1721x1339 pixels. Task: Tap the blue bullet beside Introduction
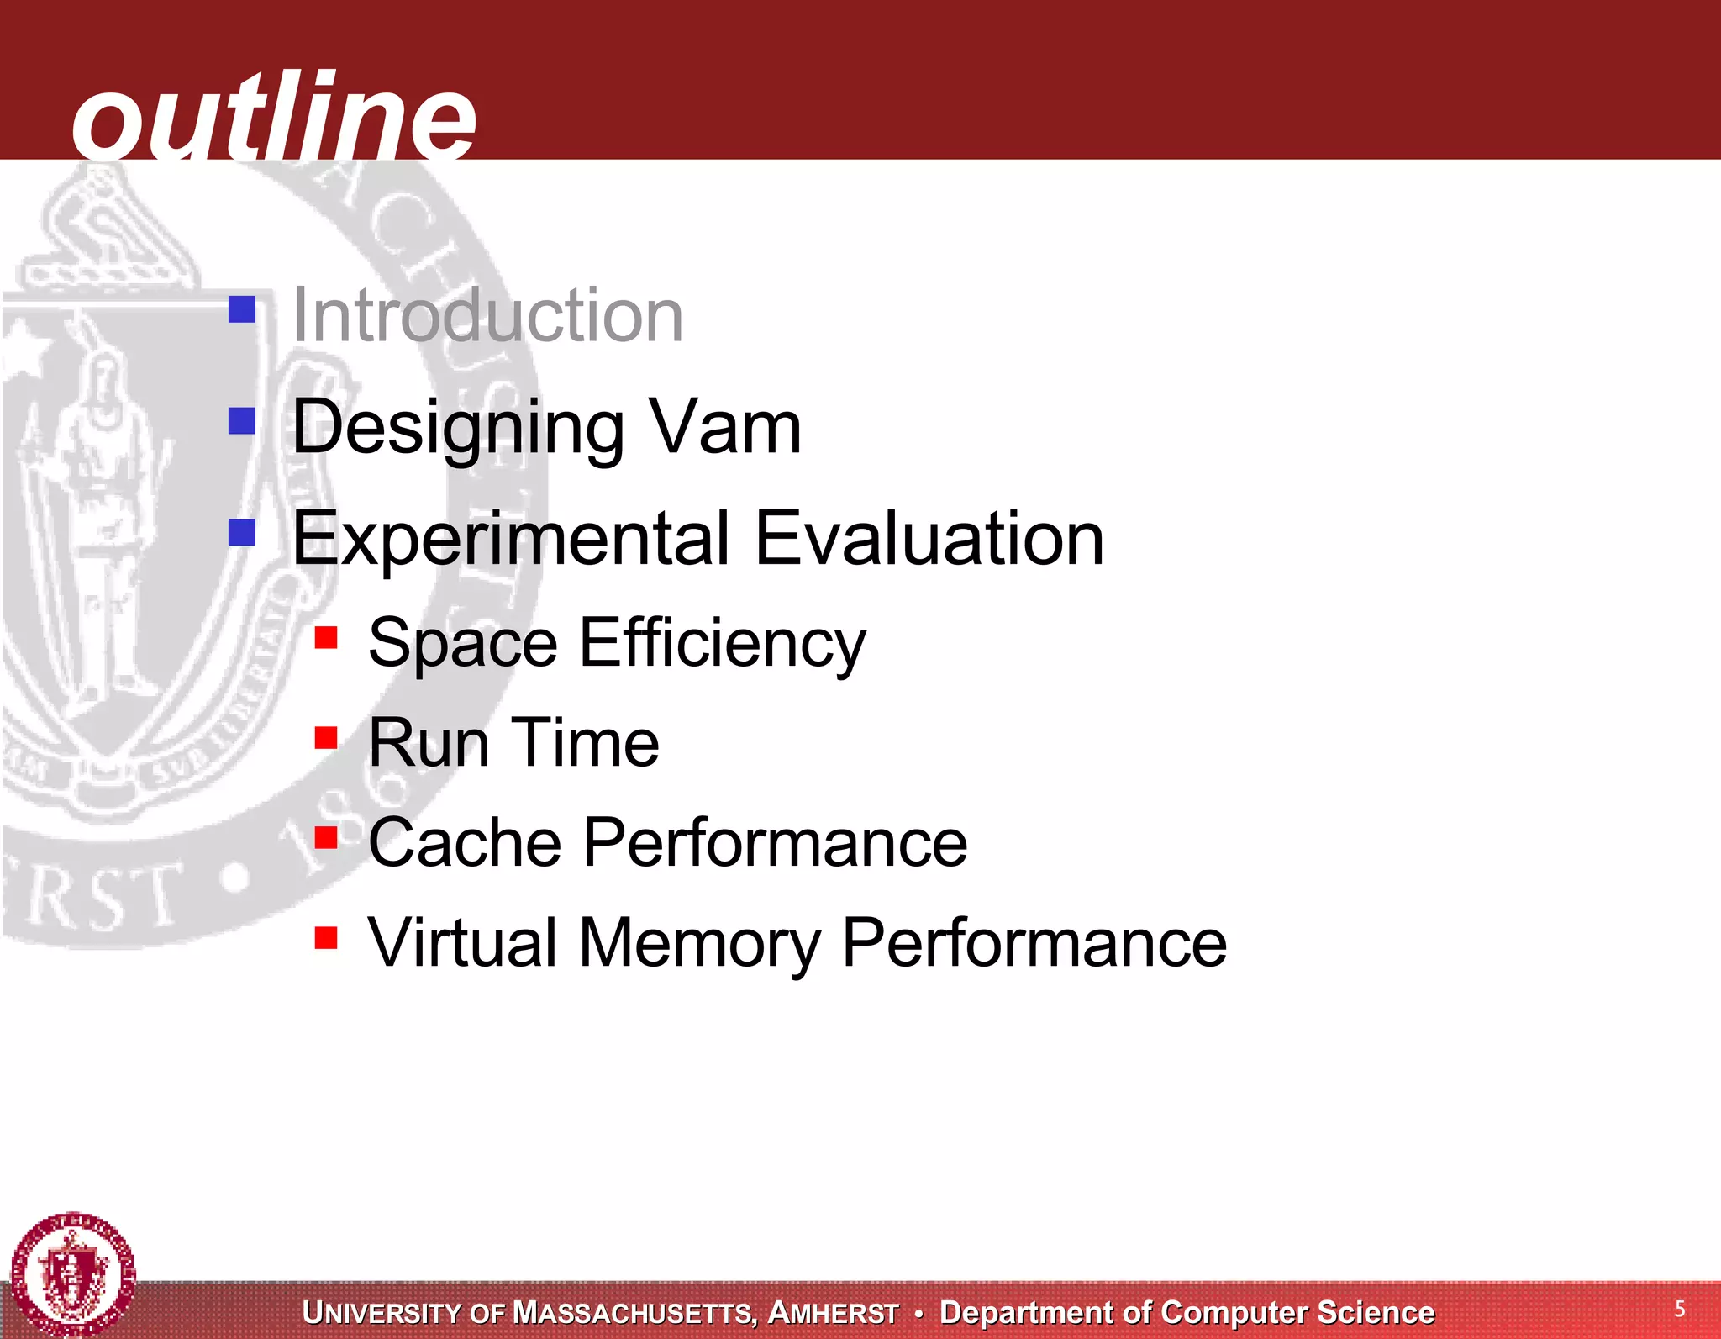point(242,308)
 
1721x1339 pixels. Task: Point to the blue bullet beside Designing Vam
point(242,420)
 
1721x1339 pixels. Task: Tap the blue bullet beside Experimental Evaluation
point(242,531)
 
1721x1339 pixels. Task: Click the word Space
point(463,643)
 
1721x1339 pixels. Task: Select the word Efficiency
point(723,643)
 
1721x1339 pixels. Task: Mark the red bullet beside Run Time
point(326,737)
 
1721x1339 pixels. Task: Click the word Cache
point(465,842)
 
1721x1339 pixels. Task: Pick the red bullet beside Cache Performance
point(326,837)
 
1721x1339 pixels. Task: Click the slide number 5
point(1679,1308)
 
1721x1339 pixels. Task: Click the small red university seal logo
point(73,1274)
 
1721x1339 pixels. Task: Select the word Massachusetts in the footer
point(635,1312)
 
